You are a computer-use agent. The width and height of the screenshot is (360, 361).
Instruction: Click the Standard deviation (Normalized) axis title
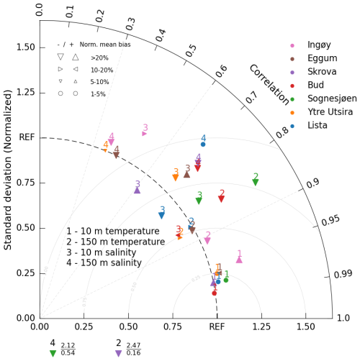pyautogui.click(x=9, y=173)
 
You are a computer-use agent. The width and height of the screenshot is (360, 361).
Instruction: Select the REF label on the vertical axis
pyautogui.click(x=27, y=137)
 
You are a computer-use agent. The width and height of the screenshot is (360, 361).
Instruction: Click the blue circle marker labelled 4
pyautogui.click(x=203, y=144)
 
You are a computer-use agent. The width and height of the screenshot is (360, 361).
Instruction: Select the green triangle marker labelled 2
pyautogui.click(x=256, y=182)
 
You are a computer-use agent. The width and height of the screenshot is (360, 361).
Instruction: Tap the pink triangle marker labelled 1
pyautogui.click(x=239, y=259)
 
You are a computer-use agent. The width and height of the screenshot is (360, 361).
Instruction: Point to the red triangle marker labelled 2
pyautogui.click(x=221, y=198)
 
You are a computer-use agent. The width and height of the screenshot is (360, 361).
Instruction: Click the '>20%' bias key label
pyautogui.click(x=100, y=55)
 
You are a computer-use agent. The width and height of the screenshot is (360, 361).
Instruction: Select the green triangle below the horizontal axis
pyautogui.click(x=53, y=353)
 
